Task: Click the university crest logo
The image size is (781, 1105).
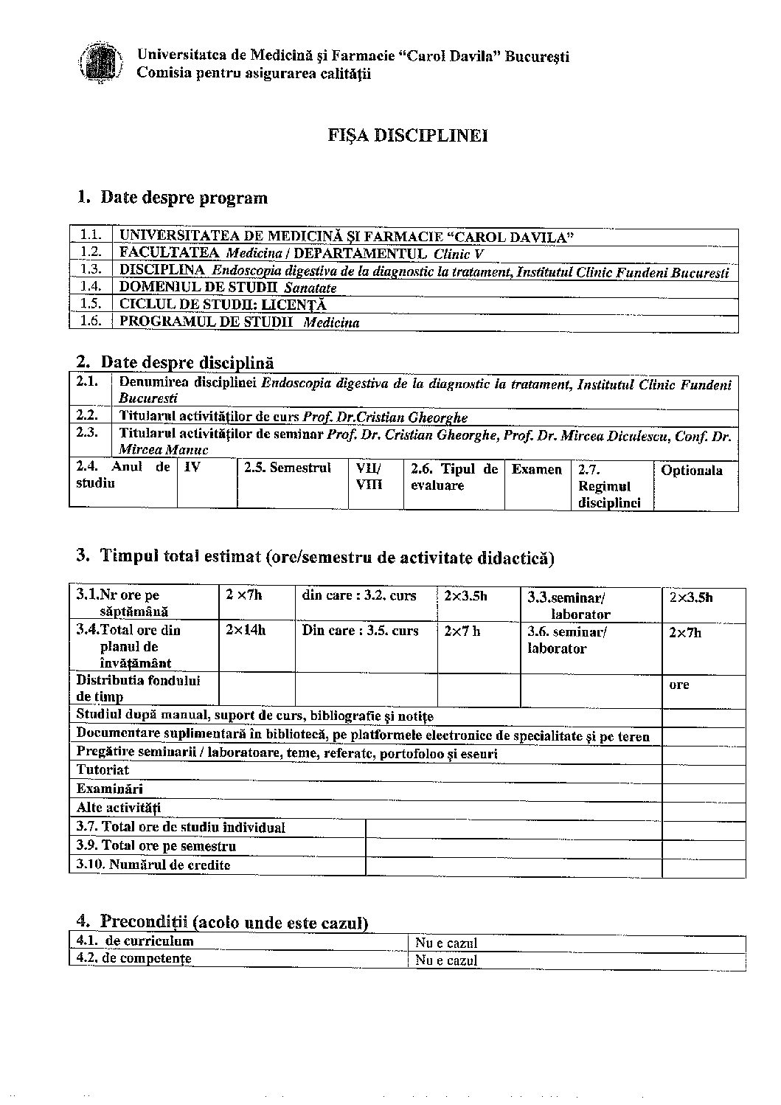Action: point(100,64)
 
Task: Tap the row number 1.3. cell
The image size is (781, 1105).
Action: point(90,270)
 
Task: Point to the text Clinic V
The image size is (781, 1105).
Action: point(459,254)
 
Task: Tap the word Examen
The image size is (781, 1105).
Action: point(537,470)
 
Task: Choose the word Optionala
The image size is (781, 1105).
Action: point(691,471)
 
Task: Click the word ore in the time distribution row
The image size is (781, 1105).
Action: point(678,685)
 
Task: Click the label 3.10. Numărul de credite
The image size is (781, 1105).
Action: point(153,865)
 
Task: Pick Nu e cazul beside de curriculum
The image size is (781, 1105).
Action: point(446,943)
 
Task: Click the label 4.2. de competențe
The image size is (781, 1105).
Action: point(133,959)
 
